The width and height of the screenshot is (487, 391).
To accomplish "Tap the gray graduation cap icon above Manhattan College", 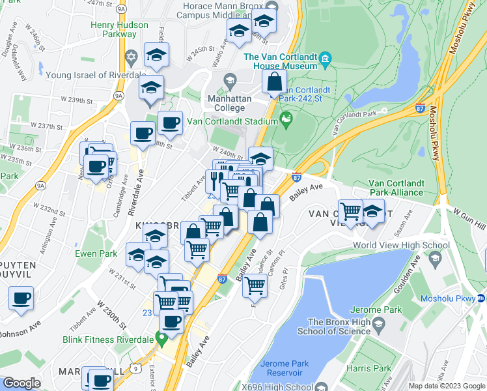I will [x=229, y=80].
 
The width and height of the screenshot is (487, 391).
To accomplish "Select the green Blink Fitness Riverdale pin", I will [x=161, y=339].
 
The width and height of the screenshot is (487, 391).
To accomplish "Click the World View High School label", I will [x=401, y=245].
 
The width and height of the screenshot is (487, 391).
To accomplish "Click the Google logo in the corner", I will [x=21, y=383].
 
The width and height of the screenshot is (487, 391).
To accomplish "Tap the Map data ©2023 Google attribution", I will [x=447, y=386].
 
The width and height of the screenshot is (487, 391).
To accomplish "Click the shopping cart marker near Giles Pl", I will [x=256, y=285].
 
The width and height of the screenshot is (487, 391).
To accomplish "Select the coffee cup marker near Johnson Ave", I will [x=21, y=298].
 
